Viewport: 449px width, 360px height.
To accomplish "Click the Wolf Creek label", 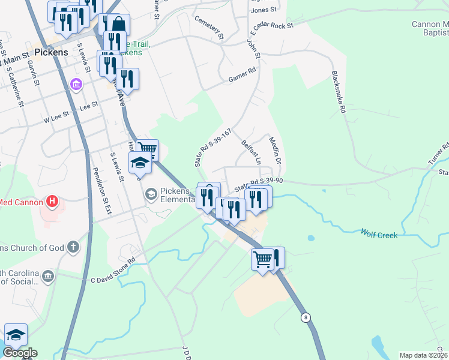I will [379, 235].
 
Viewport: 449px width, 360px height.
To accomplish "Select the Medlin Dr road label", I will [275, 151].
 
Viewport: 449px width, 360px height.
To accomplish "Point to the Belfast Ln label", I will [250, 153].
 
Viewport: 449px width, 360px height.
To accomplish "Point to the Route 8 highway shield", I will [306, 318].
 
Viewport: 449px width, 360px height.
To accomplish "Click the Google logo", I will [20, 353].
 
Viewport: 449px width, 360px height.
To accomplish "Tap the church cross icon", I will [73, 247].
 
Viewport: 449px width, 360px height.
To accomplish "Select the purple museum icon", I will [76, 84].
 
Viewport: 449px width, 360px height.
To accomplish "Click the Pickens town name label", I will [51, 53].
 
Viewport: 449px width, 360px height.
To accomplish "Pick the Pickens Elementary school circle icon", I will [151, 194].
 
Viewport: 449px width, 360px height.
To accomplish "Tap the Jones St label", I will [264, 10].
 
